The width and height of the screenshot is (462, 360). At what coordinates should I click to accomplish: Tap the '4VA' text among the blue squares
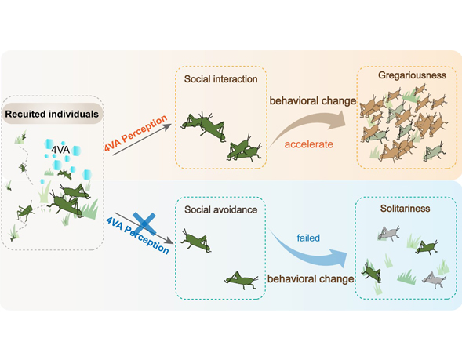63,149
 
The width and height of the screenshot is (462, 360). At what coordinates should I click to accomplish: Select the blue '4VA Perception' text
143,233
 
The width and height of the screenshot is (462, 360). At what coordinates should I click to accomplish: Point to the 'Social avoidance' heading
220,211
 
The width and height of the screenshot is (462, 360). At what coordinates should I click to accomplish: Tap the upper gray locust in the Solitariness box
389,233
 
